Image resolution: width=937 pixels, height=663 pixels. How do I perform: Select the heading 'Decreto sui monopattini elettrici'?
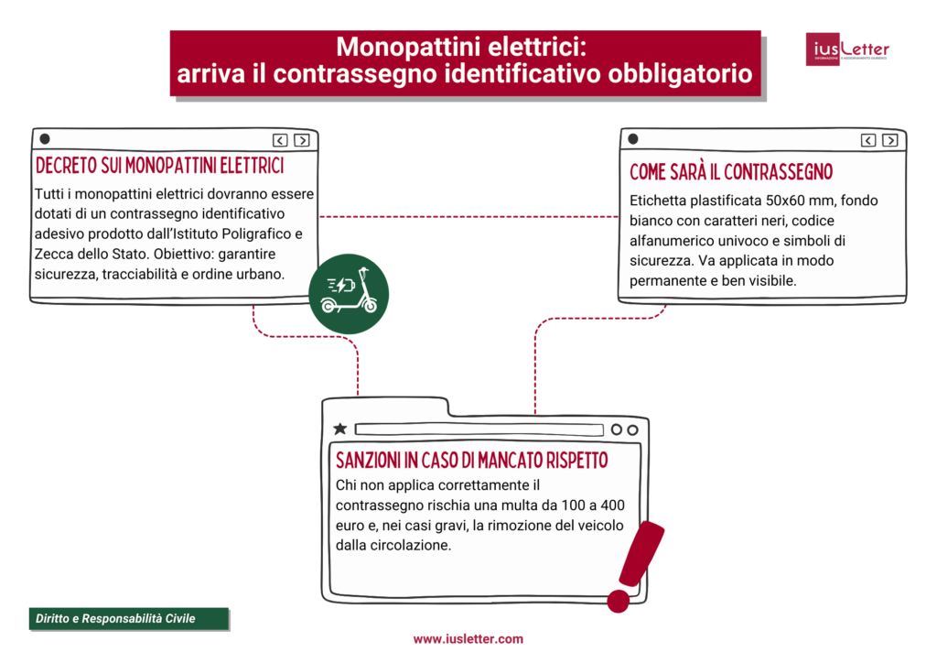coord(159,167)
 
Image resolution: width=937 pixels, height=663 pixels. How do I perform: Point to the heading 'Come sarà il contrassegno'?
coord(731,172)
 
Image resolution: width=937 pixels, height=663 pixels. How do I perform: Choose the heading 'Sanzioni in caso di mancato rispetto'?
coord(471,459)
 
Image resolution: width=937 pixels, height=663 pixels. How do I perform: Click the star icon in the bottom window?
coord(340,429)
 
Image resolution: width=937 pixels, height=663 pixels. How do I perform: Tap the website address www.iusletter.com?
coord(468,639)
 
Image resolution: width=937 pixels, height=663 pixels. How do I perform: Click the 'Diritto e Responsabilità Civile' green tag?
coord(115,619)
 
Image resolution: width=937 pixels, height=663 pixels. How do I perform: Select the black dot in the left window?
coord(45,139)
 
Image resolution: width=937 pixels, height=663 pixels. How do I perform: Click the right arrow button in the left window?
coord(301,140)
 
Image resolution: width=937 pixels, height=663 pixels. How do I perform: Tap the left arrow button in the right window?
coord(867,140)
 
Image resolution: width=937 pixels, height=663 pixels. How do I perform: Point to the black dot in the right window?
coord(632,139)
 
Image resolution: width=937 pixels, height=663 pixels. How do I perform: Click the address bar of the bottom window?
coord(479,429)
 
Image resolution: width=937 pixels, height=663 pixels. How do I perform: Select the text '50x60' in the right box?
coord(792,201)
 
